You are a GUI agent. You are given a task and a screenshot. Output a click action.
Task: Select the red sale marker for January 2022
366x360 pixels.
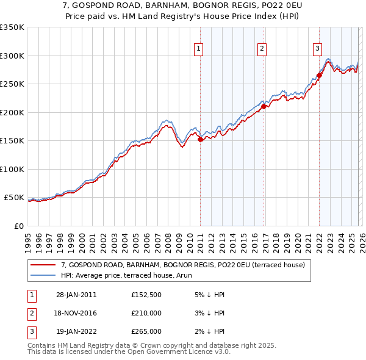coord(318,76)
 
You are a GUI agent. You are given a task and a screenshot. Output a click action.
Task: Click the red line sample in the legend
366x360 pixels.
coord(43,265)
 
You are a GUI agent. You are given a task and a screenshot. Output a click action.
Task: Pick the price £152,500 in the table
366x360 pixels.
coord(146,295)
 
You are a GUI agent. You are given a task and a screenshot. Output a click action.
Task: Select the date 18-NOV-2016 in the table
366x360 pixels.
coord(76,313)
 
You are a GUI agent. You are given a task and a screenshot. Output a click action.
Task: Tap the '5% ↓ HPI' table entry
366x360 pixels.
coord(209,295)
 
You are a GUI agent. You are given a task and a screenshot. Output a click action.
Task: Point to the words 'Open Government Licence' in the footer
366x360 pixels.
coord(164,352)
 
